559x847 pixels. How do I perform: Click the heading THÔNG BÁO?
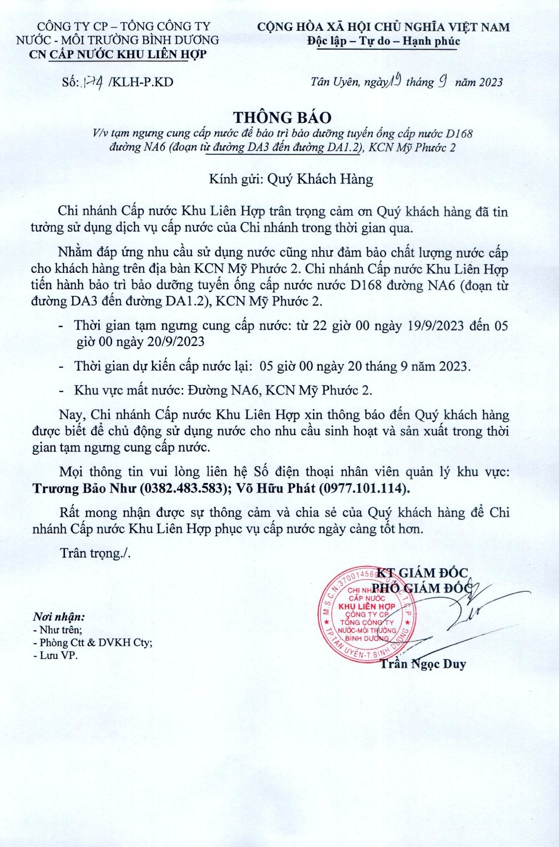(282, 117)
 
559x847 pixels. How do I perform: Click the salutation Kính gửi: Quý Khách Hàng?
(291, 179)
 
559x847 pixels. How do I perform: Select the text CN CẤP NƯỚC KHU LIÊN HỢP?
(118, 54)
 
